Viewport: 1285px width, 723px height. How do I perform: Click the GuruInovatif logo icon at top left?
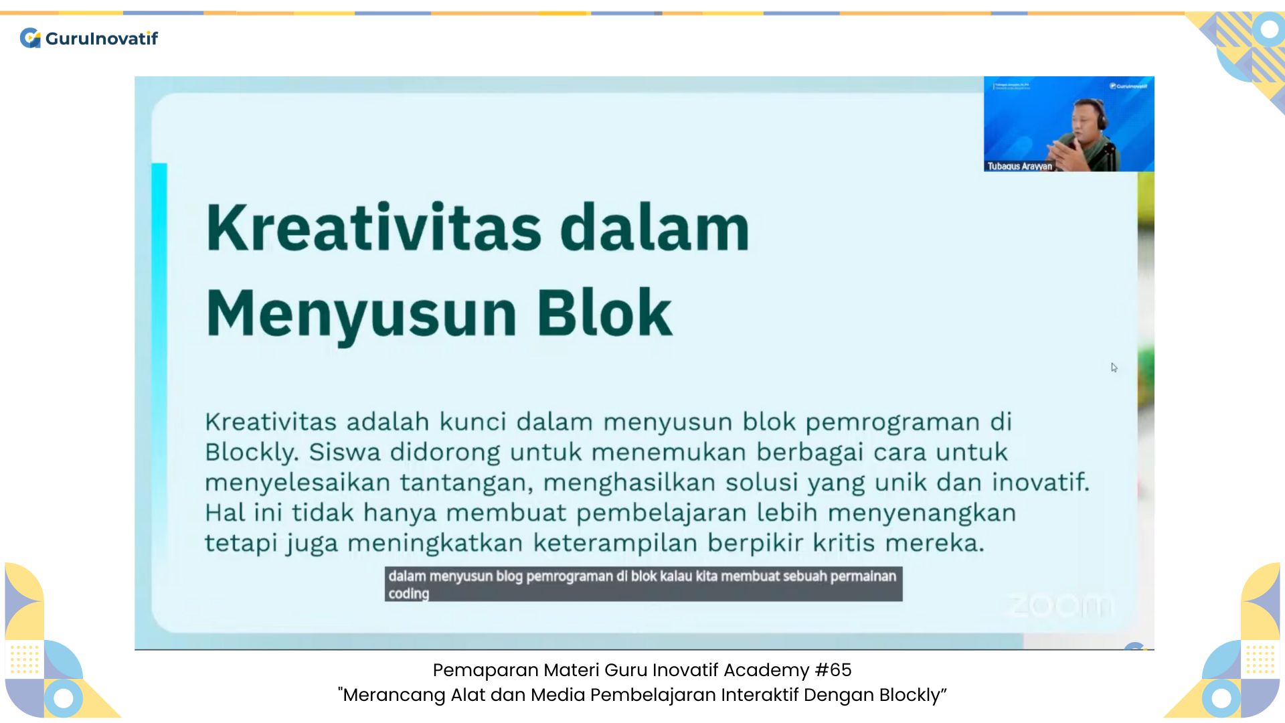pos(30,38)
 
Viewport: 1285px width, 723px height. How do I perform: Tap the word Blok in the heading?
pos(604,313)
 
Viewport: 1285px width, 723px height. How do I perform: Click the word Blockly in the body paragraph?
pos(251,453)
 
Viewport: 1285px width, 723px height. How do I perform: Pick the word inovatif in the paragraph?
pos(1040,482)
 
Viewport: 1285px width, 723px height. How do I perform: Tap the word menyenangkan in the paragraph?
pos(922,513)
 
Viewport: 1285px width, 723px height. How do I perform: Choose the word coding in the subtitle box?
pos(408,594)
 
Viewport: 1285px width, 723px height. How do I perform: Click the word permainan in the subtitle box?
pos(863,576)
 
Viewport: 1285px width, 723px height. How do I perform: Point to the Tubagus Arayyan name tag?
pos(1019,166)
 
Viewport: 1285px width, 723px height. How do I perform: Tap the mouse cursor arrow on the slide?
pos(1114,368)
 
